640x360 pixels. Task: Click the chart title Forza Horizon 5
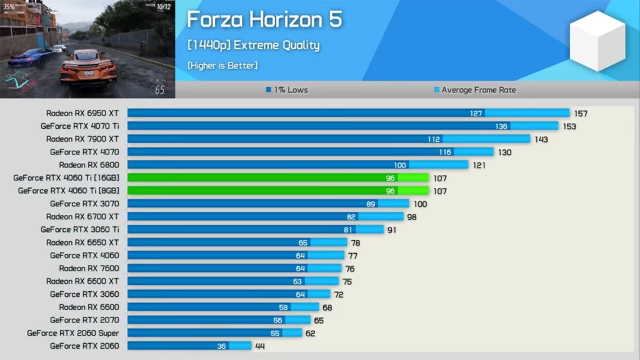(x=264, y=19)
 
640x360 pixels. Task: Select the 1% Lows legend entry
(x=286, y=90)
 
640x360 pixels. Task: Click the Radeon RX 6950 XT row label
(x=82, y=113)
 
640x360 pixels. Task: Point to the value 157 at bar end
(x=581, y=114)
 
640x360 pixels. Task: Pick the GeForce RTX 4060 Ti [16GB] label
(x=66, y=178)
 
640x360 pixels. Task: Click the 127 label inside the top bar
(x=476, y=114)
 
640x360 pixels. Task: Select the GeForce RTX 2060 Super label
(x=72, y=333)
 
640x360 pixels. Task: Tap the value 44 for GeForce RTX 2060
(x=260, y=346)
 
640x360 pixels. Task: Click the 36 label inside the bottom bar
(x=221, y=346)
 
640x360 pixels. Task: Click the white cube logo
(x=597, y=41)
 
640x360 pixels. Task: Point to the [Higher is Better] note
(x=222, y=66)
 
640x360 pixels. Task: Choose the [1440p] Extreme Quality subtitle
(x=253, y=45)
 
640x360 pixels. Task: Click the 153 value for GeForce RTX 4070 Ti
(x=569, y=126)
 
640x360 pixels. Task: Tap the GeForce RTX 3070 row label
(x=84, y=204)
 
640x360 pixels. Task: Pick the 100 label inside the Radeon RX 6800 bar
(x=399, y=165)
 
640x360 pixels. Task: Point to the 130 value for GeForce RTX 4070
(x=504, y=152)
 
